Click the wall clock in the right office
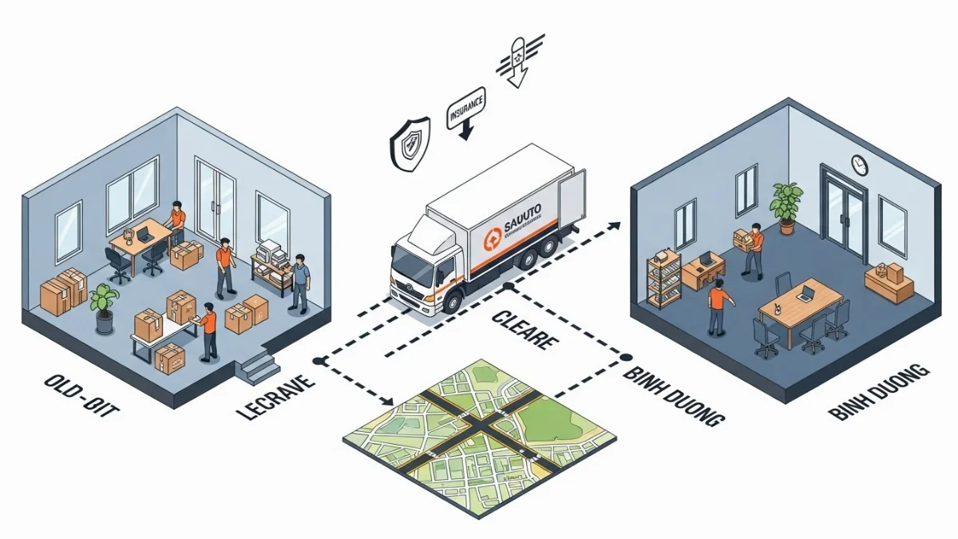[x=859, y=164]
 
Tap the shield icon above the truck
[x=410, y=143]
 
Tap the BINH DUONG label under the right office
[x=879, y=392]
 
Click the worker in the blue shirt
[x=299, y=282]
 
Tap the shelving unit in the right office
[x=663, y=276]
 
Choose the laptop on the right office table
[x=804, y=293]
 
